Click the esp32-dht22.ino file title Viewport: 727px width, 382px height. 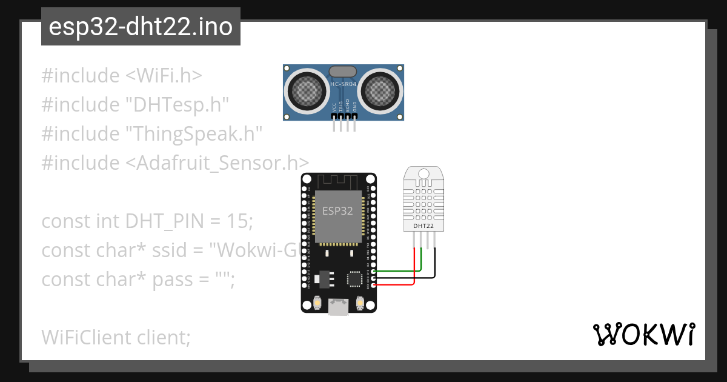141,27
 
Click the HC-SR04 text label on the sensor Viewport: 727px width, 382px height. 343,84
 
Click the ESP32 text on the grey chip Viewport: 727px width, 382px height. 338,211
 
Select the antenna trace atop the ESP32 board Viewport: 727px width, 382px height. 338,181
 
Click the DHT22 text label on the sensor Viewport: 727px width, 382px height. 423,226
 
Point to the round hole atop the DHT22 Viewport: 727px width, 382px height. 424,174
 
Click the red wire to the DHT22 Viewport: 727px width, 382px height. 414,267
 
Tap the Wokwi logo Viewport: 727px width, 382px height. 643,335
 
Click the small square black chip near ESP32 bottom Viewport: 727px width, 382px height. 354,278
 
